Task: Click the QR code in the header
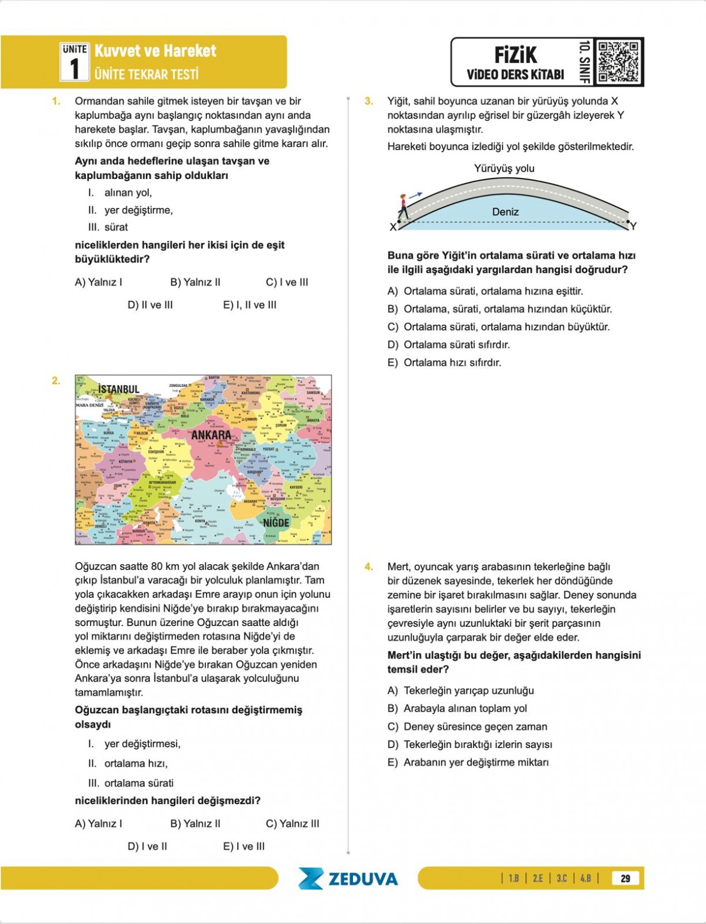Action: coord(618,62)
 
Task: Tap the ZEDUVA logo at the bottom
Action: coord(348,879)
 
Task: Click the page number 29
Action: coord(625,878)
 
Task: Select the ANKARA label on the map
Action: coord(211,435)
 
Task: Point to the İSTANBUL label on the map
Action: coord(119,389)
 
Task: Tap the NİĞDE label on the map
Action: coord(276,522)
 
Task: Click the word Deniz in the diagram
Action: coord(505,212)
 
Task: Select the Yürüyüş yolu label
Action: coord(504,168)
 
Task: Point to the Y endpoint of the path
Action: coord(632,226)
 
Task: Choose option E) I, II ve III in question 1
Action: coord(249,305)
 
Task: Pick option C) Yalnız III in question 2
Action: coord(292,823)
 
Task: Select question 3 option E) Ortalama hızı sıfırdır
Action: coord(444,363)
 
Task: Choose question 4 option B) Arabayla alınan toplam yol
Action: coord(457,708)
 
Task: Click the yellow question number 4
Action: coord(369,567)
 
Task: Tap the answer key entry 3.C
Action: coord(562,878)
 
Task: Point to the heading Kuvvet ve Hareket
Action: coord(155,51)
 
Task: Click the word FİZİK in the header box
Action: coord(515,55)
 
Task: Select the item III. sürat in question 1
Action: coord(108,227)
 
